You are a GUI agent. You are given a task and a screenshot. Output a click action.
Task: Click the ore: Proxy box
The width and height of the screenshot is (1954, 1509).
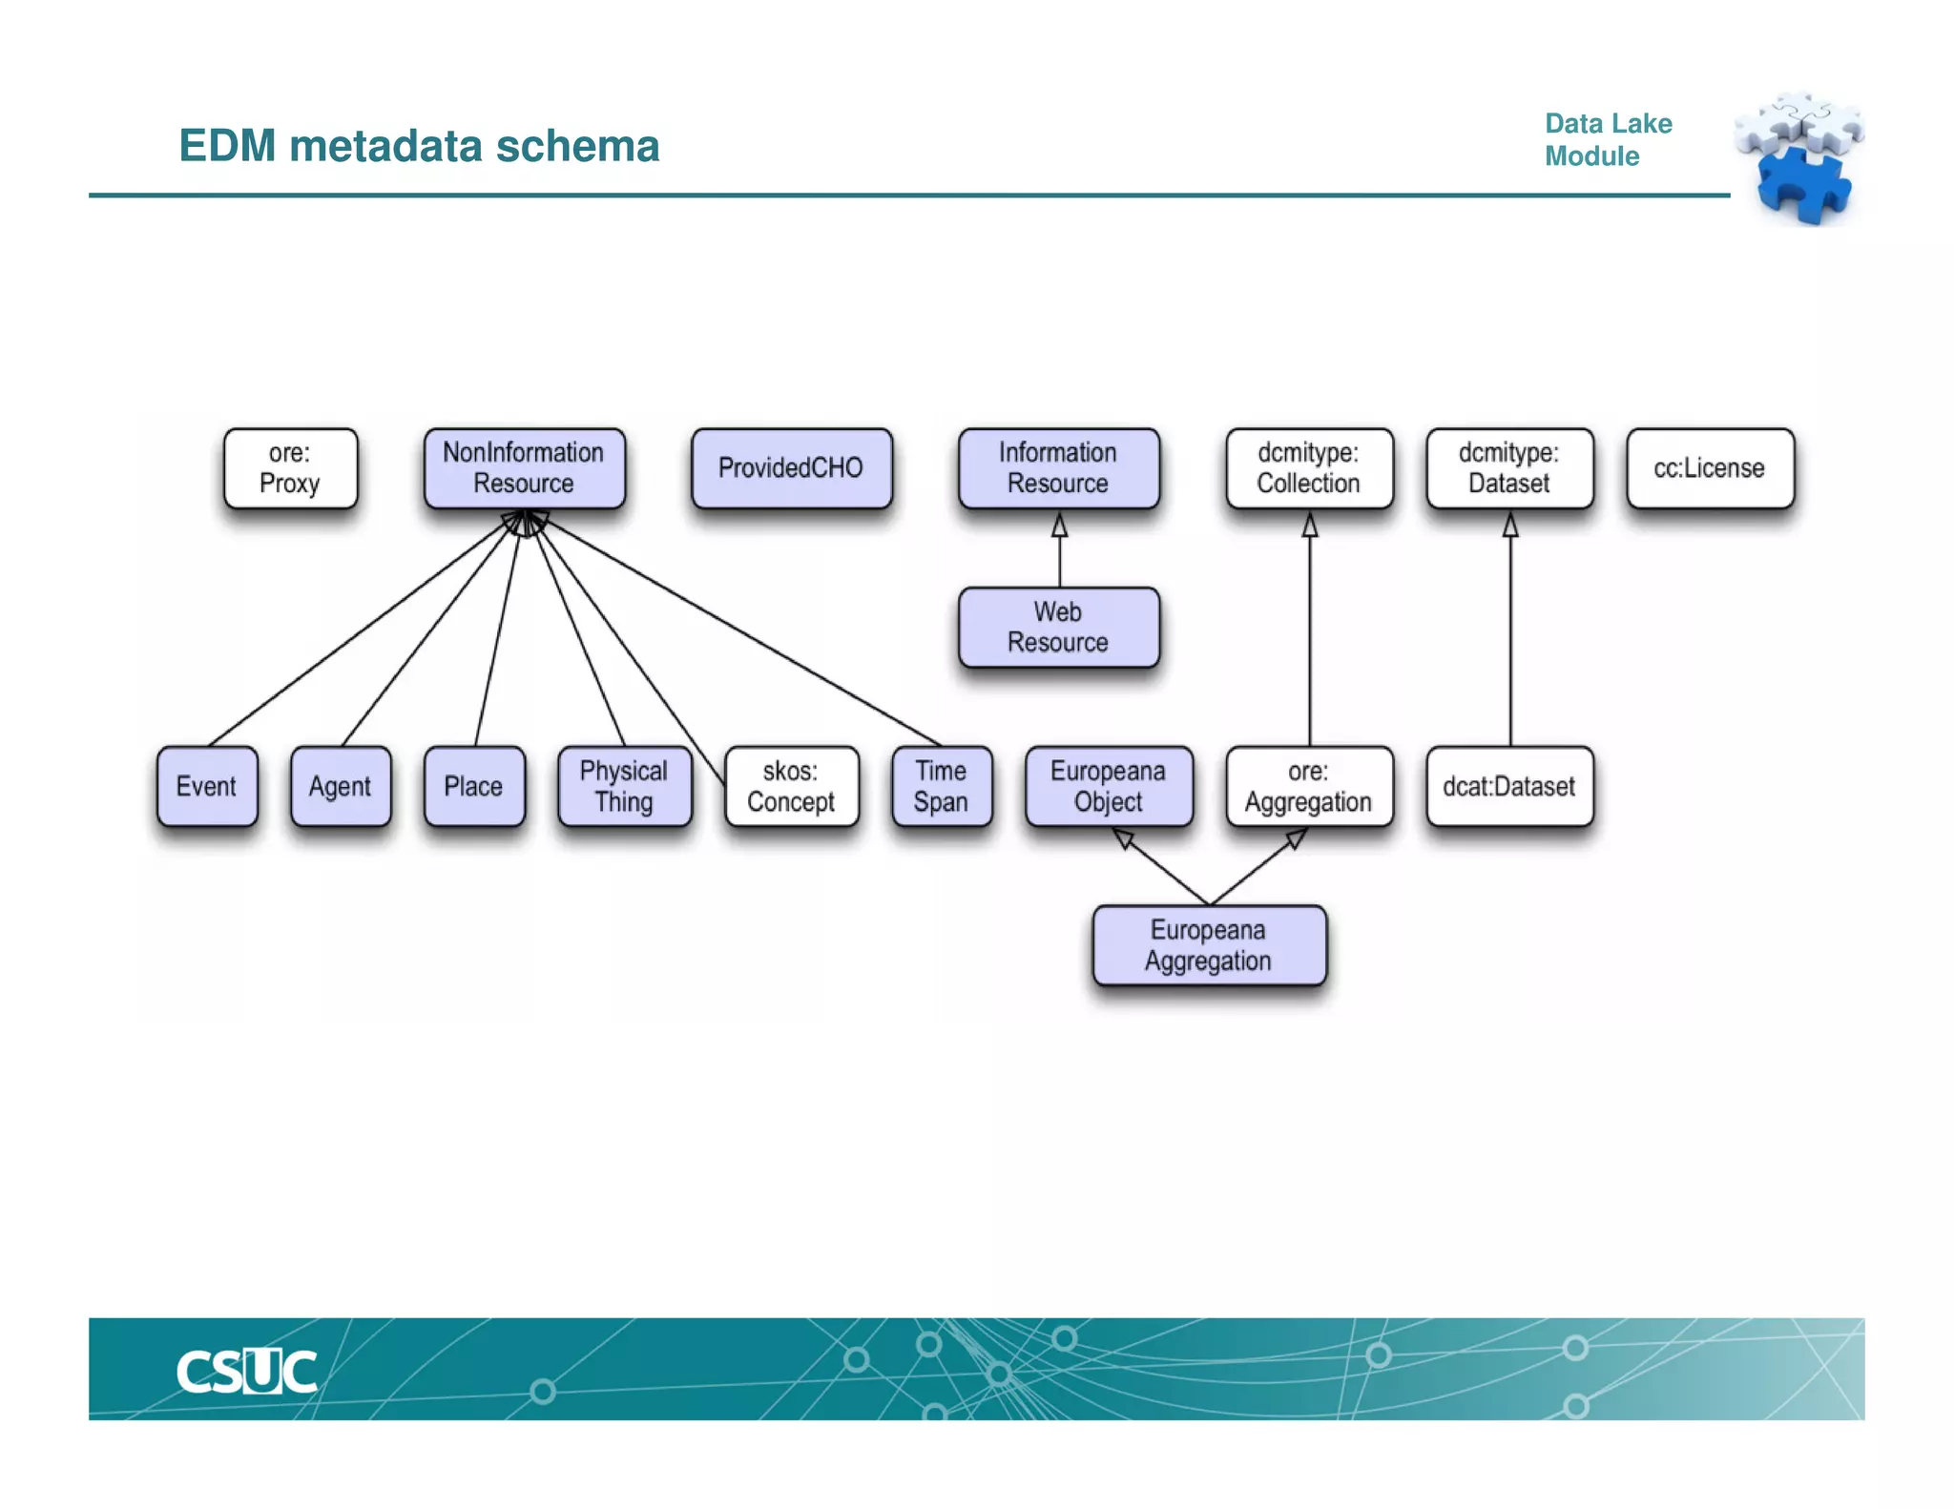tap(290, 467)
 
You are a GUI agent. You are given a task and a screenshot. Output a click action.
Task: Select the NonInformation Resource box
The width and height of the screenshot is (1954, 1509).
tap(524, 467)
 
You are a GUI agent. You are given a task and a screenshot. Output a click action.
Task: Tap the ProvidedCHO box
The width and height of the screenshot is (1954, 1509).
tap(791, 467)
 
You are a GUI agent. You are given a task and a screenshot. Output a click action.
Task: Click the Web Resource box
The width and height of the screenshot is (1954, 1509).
tap(1058, 627)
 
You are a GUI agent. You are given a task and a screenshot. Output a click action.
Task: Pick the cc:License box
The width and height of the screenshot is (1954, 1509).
tap(1709, 467)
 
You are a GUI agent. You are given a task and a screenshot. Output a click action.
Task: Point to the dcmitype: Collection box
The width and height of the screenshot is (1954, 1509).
tap(1308, 467)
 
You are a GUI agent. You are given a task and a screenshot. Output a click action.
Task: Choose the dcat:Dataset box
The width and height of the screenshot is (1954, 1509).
tap(1508, 786)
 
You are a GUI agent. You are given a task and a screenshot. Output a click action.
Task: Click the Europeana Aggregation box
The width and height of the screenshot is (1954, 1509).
tap(1208, 945)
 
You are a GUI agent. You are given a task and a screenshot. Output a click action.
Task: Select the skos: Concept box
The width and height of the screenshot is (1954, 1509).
tap(791, 786)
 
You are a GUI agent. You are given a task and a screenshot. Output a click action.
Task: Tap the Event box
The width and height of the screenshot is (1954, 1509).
tap(206, 786)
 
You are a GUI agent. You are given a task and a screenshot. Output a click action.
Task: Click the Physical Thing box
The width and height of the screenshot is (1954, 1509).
tap(624, 786)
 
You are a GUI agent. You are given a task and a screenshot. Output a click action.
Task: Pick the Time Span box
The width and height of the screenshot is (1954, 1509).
tap(941, 786)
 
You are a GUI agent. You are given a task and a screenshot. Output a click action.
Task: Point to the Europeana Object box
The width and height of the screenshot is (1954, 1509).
tap(1108, 786)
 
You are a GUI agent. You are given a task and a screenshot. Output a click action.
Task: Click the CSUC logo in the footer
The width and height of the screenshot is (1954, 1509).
tap(246, 1372)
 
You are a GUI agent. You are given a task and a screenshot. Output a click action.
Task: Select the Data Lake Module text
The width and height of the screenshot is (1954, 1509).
tap(1608, 139)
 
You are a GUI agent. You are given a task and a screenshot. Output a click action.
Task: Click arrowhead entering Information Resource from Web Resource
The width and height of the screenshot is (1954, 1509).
tap(1059, 525)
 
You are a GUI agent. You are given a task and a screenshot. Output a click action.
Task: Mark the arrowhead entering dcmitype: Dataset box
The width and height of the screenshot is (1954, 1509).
tap(1510, 525)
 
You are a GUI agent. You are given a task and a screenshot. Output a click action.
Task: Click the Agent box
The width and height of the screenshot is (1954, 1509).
tap(340, 786)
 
